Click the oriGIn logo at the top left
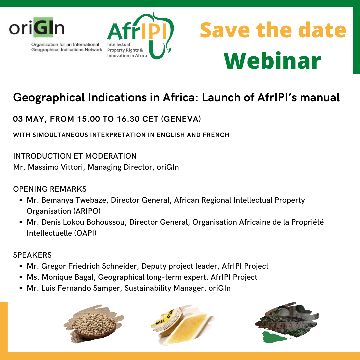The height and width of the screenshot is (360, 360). (x=55, y=34)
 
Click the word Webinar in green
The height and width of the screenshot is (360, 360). (x=272, y=61)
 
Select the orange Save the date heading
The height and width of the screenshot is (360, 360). (x=273, y=30)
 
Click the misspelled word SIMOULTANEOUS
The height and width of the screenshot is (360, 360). (x=60, y=135)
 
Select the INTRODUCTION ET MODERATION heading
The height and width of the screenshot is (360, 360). (x=75, y=156)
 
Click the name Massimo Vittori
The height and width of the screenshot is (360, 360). (x=55, y=167)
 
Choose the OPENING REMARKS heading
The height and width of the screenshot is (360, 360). (x=50, y=189)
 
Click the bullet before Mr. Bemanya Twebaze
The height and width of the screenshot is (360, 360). (x=21, y=200)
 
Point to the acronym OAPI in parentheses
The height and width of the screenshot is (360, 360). (x=85, y=233)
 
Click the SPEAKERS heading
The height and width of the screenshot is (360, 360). (x=32, y=255)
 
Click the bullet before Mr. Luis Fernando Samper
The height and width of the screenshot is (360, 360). (x=21, y=288)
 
